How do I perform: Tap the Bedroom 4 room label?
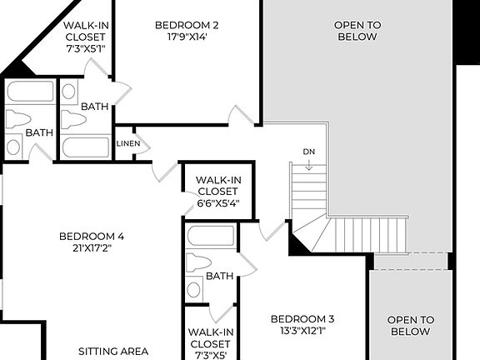[92, 236]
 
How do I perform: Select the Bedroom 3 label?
[302, 318]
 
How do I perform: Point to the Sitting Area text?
[113, 351]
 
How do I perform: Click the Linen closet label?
[128, 144]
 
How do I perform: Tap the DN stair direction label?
[309, 151]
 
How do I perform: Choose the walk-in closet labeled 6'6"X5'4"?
[217, 191]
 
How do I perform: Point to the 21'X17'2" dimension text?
[92, 248]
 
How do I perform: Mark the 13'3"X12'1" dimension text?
[302, 332]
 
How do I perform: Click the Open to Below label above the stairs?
[357, 31]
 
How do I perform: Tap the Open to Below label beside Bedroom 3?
[412, 325]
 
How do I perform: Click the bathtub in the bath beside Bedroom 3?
[211, 236]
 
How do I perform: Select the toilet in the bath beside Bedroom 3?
[198, 264]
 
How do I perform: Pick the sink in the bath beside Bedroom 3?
[194, 289]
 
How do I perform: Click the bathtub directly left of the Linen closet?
[86, 147]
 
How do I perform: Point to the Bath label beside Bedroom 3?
[219, 276]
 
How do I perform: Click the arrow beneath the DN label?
[309, 165]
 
